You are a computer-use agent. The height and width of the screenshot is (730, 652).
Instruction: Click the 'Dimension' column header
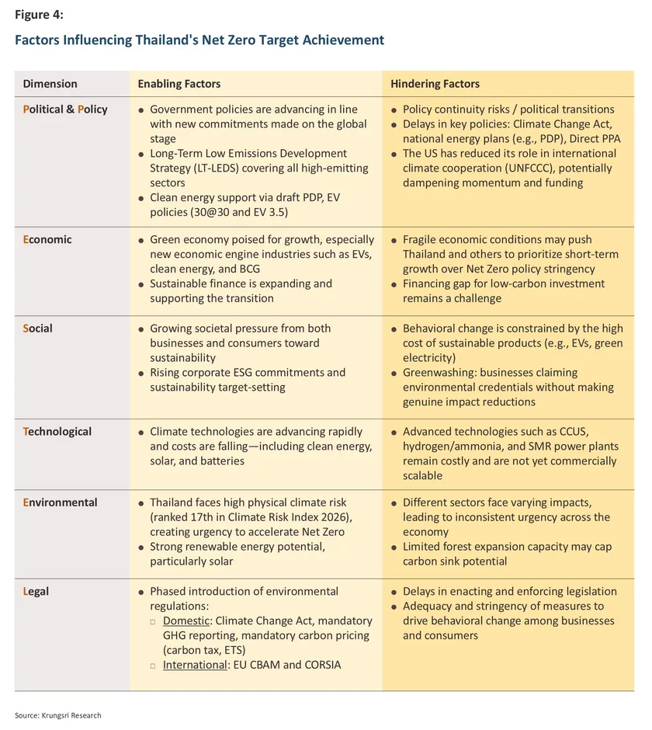point(50,84)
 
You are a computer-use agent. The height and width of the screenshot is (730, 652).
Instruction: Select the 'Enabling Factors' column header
point(179,84)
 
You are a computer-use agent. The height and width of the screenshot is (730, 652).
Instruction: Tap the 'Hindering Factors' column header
point(435,84)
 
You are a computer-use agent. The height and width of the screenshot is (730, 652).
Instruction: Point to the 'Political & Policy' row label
point(65,109)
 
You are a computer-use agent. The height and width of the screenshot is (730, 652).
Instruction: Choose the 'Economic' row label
point(47,240)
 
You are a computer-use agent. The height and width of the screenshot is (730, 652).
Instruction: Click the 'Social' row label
point(38,328)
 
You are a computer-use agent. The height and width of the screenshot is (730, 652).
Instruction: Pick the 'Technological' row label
point(57,432)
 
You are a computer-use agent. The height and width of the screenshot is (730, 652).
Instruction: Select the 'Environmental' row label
point(60,502)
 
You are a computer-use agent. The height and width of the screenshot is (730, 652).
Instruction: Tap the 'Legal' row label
point(36,592)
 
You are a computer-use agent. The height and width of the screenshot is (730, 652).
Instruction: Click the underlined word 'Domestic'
point(186,621)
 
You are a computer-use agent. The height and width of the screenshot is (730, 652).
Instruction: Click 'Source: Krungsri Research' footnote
point(58,715)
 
